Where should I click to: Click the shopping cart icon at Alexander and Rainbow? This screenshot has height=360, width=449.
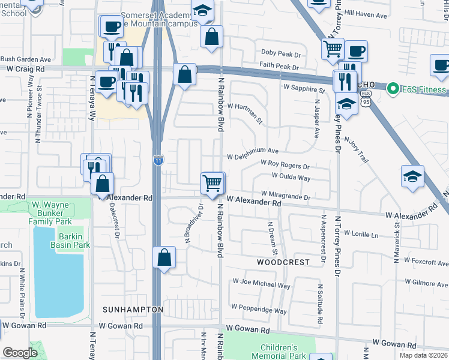[212, 182]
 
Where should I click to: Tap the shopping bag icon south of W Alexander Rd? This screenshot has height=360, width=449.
[164, 258]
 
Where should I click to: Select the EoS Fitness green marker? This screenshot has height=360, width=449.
[394, 90]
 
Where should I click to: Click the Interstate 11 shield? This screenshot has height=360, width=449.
[157, 161]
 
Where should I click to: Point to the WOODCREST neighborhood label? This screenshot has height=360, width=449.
[283, 262]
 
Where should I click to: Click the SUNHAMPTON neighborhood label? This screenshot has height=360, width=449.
[133, 309]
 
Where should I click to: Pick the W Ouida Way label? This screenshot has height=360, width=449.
[291, 178]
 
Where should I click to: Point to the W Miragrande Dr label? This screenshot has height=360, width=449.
[285, 196]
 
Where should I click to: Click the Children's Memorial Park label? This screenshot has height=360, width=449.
[279, 352]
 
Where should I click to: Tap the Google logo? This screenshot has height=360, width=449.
[20, 353]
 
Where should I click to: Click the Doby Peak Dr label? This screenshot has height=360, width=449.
[280, 53]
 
